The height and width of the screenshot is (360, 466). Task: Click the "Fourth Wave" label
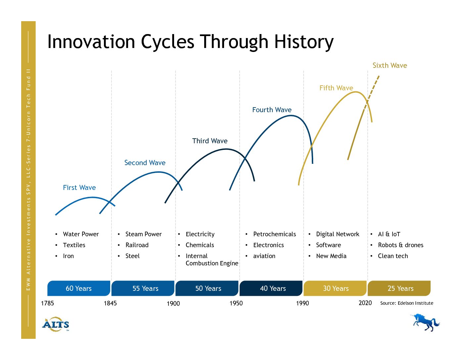point(272,110)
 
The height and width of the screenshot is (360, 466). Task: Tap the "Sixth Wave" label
point(390,66)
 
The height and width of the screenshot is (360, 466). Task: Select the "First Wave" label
point(79,188)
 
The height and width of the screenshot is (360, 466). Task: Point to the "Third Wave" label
point(210,141)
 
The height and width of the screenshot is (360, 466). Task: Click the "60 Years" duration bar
point(79,288)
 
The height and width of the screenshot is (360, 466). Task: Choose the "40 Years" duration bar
point(271,288)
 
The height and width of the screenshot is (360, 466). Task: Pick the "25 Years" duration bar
point(399,288)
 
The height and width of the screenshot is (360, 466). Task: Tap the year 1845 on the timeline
point(110,303)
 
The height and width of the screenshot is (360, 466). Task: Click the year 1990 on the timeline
point(303,303)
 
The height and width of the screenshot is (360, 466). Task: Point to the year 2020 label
point(365,303)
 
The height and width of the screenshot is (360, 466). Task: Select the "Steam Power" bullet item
point(143,234)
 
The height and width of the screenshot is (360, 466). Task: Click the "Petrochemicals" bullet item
point(274,234)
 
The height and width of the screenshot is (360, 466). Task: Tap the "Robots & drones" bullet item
point(400,245)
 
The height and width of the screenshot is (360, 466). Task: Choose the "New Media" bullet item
point(331,256)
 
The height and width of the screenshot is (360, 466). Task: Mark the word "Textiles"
point(74,245)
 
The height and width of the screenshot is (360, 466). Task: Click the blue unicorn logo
point(425,323)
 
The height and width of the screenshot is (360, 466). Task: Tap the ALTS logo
point(56,324)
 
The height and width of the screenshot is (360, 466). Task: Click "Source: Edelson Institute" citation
point(407,303)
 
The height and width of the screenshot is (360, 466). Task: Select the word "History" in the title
point(304,42)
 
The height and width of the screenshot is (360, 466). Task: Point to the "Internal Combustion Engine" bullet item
point(212,259)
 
